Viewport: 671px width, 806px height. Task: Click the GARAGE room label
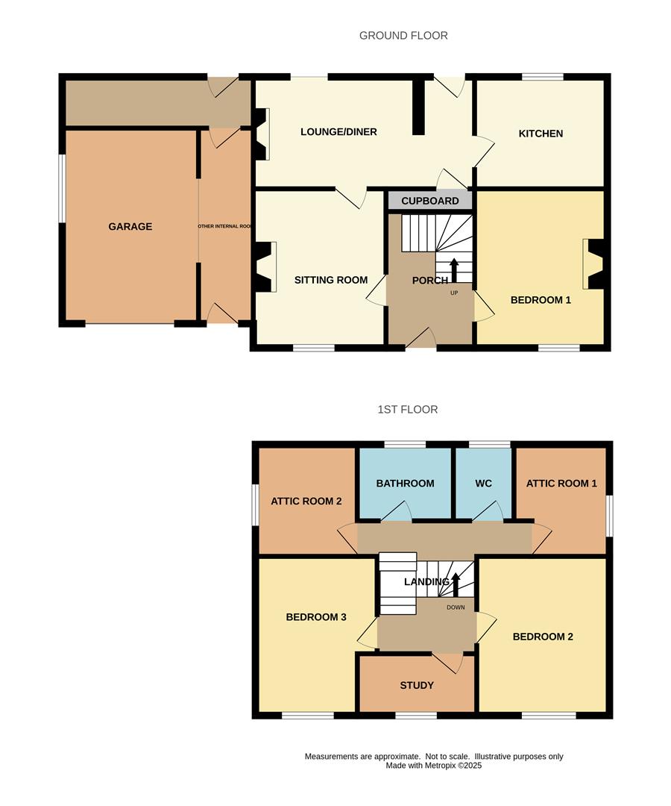point(130,227)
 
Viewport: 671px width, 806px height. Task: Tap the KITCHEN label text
point(541,134)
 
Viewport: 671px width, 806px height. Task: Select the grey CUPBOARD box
point(430,201)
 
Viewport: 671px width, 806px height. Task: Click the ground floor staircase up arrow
point(453,269)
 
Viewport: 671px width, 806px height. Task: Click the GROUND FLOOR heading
point(403,35)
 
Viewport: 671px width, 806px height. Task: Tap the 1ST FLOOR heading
point(407,410)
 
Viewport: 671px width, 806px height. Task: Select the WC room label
point(484,484)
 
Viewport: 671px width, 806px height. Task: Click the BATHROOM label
point(405,484)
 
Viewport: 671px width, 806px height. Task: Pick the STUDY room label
point(417,685)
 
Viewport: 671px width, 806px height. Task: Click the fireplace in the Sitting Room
point(265,266)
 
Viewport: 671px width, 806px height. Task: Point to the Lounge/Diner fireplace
point(262,134)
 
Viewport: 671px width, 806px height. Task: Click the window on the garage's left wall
point(62,188)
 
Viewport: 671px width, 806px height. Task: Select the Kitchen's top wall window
point(542,76)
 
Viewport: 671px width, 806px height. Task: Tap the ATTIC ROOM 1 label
point(561,484)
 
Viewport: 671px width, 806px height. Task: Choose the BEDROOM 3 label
point(316,617)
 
